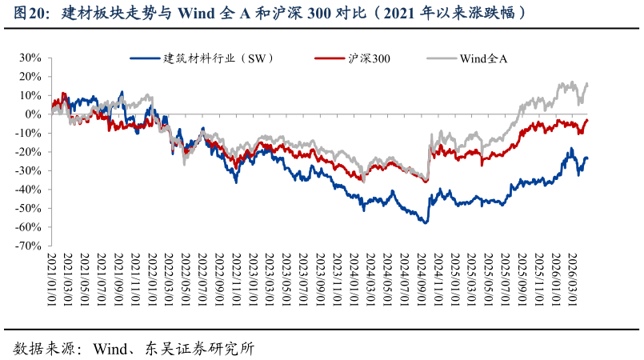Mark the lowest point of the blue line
426,222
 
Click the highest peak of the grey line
571,82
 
